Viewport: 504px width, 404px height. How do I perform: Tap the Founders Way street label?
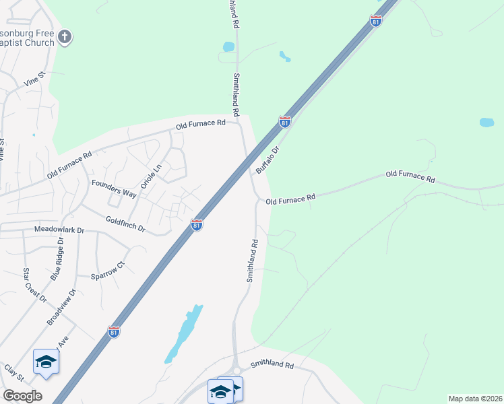click(114, 189)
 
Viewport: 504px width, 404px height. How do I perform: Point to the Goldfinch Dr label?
click(125, 224)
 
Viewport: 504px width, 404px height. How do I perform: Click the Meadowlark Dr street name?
click(59, 230)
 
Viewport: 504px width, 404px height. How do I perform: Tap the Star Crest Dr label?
click(35, 285)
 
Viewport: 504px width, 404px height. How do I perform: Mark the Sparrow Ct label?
click(108, 270)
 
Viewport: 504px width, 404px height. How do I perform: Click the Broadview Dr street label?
click(62, 308)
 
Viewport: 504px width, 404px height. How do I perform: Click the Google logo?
click(22, 396)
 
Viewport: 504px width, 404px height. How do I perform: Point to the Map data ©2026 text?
click(474, 399)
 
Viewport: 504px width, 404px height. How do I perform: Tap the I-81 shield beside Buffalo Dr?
click(284, 122)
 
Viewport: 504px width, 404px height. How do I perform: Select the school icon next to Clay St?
click(46, 362)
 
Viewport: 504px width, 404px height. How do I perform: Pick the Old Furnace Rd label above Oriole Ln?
click(200, 125)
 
